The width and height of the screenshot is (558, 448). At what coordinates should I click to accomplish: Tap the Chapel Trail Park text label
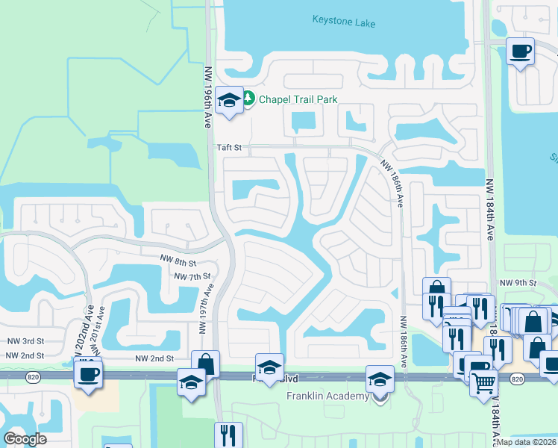coord(298,99)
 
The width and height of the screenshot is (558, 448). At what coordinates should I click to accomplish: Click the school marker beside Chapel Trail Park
coord(229,101)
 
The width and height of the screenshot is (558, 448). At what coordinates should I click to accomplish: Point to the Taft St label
coord(229,148)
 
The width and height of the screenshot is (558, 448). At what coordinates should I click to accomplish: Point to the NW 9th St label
coord(518,282)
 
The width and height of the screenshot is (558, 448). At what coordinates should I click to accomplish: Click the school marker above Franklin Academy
coord(380,379)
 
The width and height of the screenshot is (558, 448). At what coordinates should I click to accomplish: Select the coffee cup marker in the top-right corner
coord(520,52)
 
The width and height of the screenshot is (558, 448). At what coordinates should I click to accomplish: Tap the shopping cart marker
coord(484,383)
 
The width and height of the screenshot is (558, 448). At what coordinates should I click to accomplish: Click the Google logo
coord(25,439)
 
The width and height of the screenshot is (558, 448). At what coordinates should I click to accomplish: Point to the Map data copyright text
coord(527,442)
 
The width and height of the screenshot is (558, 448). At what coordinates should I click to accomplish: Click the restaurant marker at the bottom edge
coord(228,435)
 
